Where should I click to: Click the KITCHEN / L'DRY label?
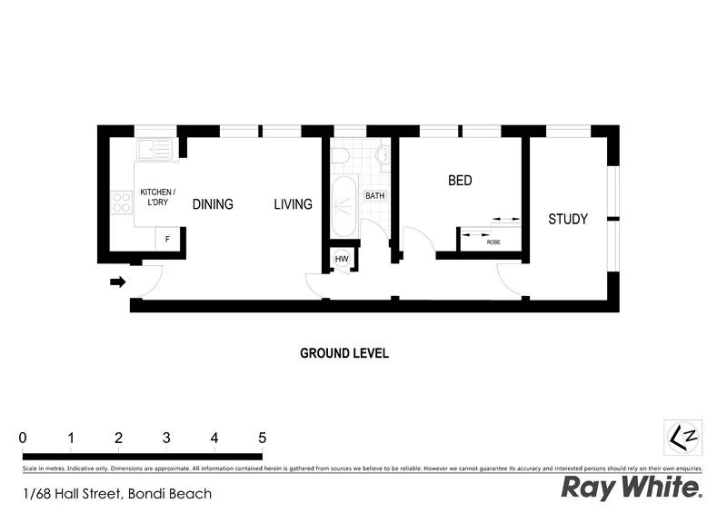click(x=157, y=197)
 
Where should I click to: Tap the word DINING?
click(x=213, y=204)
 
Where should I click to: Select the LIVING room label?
click(x=293, y=204)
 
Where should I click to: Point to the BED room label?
click(x=460, y=181)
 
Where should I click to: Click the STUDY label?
click(x=568, y=219)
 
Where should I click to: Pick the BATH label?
click(x=374, y=195)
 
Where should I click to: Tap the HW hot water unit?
click(x=342, y=260)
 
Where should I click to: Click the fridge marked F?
click(x=166, y=240)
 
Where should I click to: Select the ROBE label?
click(x=493, y=242)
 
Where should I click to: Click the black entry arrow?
click(x=117, y=282)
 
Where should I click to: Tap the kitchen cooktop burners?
click(x=122, y=203)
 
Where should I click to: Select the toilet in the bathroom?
click(x=339, y=156)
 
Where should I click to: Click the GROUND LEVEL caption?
click(x=344, y=353)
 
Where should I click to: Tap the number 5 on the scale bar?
click(x=262, y=438)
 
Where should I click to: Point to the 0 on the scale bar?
click(x=23, y=438)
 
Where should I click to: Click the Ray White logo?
click(x=631, y=488)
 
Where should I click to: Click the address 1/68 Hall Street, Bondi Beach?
click(x=117, y=494)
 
